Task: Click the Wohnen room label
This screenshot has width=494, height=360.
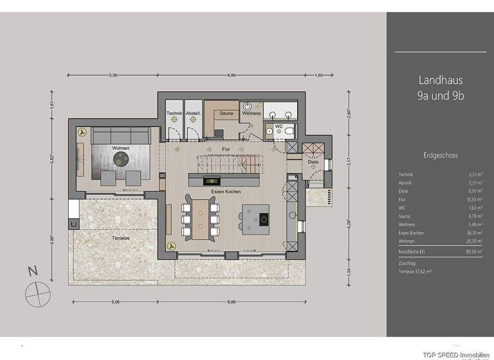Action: coord(120,148)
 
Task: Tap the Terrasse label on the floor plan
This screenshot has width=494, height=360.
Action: coord(120,238)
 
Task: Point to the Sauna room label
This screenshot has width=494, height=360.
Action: coord(226,114)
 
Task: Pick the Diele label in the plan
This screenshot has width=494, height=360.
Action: coord(313,162)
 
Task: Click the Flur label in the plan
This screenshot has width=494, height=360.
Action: coord(226,150)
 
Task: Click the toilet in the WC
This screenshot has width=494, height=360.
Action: coord(290,132)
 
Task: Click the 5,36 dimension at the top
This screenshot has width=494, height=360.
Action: coord(113,75)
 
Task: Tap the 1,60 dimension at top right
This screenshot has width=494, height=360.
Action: coord(319,75)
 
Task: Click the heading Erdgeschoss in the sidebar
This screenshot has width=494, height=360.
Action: coord(440,156)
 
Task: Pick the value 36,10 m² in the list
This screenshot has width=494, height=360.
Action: coord(472,233)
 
